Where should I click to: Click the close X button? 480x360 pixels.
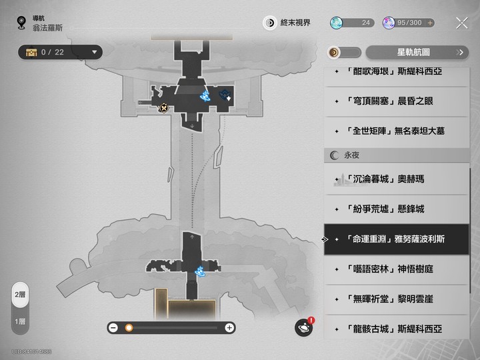[461, 23]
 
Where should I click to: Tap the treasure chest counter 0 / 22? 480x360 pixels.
[60, 52]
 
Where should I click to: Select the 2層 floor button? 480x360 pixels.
[21, 295]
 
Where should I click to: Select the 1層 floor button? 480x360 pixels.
[21, 321]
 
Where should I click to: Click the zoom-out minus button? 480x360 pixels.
[113, 327]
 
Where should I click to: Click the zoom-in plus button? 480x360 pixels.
[229, 327]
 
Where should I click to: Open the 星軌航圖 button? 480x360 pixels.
[417, 52]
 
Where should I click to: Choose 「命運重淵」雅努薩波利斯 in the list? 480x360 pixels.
[396, 239]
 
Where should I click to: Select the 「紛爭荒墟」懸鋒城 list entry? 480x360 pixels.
[396, 209]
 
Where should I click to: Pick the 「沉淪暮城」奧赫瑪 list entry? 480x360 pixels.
[396, 179]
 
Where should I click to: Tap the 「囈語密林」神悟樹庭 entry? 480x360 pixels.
[396, 269]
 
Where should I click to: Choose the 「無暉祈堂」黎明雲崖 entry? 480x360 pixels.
[396, 299]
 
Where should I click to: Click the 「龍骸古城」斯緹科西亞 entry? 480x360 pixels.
[396, 329]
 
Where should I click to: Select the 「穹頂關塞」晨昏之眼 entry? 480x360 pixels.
[396, 101]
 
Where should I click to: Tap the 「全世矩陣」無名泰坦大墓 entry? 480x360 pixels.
[396, 131]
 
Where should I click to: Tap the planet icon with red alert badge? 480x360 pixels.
[304, 327]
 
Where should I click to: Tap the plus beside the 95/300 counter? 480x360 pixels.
[430, 23]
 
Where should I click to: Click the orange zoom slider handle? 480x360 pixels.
[129, 327]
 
